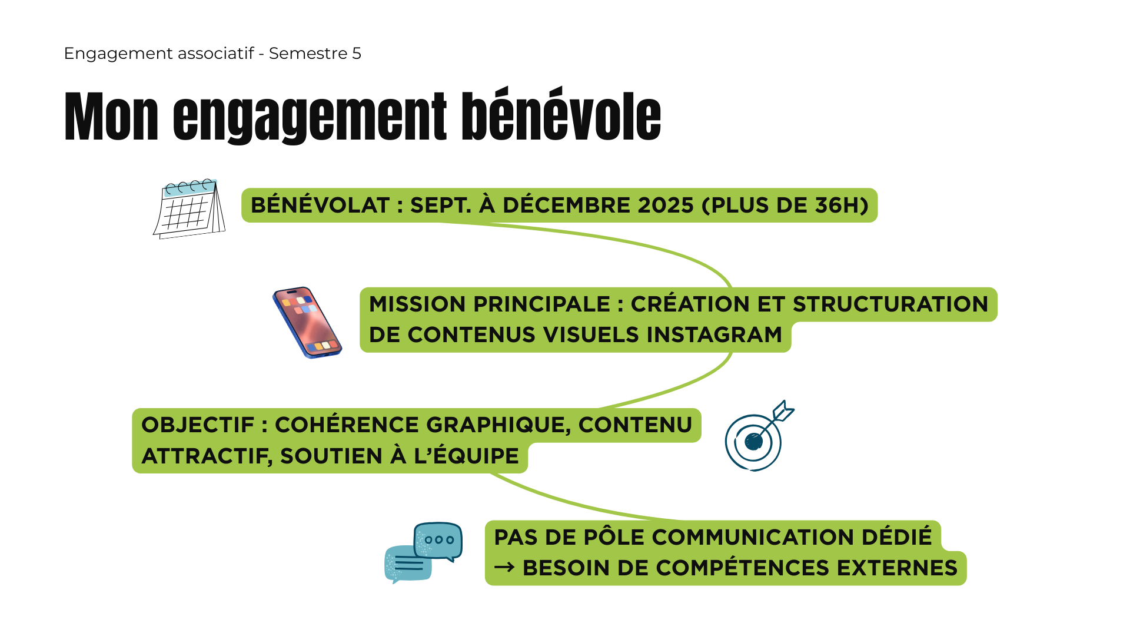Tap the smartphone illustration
pos(307,322)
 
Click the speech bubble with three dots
pos(438,541)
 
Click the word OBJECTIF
pos(198,425)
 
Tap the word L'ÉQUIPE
pos(466,456)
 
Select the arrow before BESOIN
pos(504,568)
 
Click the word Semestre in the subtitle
pos(308,54)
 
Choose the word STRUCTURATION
pos(890,304)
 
